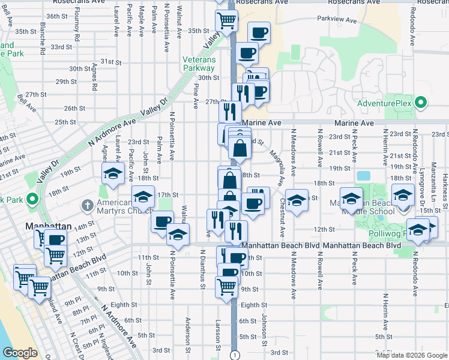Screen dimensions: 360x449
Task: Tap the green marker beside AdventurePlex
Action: (x=421, y=103)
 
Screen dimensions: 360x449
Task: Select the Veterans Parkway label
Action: (x=199, y=64)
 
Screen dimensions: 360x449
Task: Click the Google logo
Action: (x=20, y=353)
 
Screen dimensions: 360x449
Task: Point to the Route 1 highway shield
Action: (x=233, y=355)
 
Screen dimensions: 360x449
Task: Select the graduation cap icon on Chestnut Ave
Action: (x=295, y=200)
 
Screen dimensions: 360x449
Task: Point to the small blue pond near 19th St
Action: (x=363, y=177)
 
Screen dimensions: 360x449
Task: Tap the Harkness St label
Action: (x=445, y=193)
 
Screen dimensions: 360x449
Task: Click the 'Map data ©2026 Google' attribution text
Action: (x=412, y=355)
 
